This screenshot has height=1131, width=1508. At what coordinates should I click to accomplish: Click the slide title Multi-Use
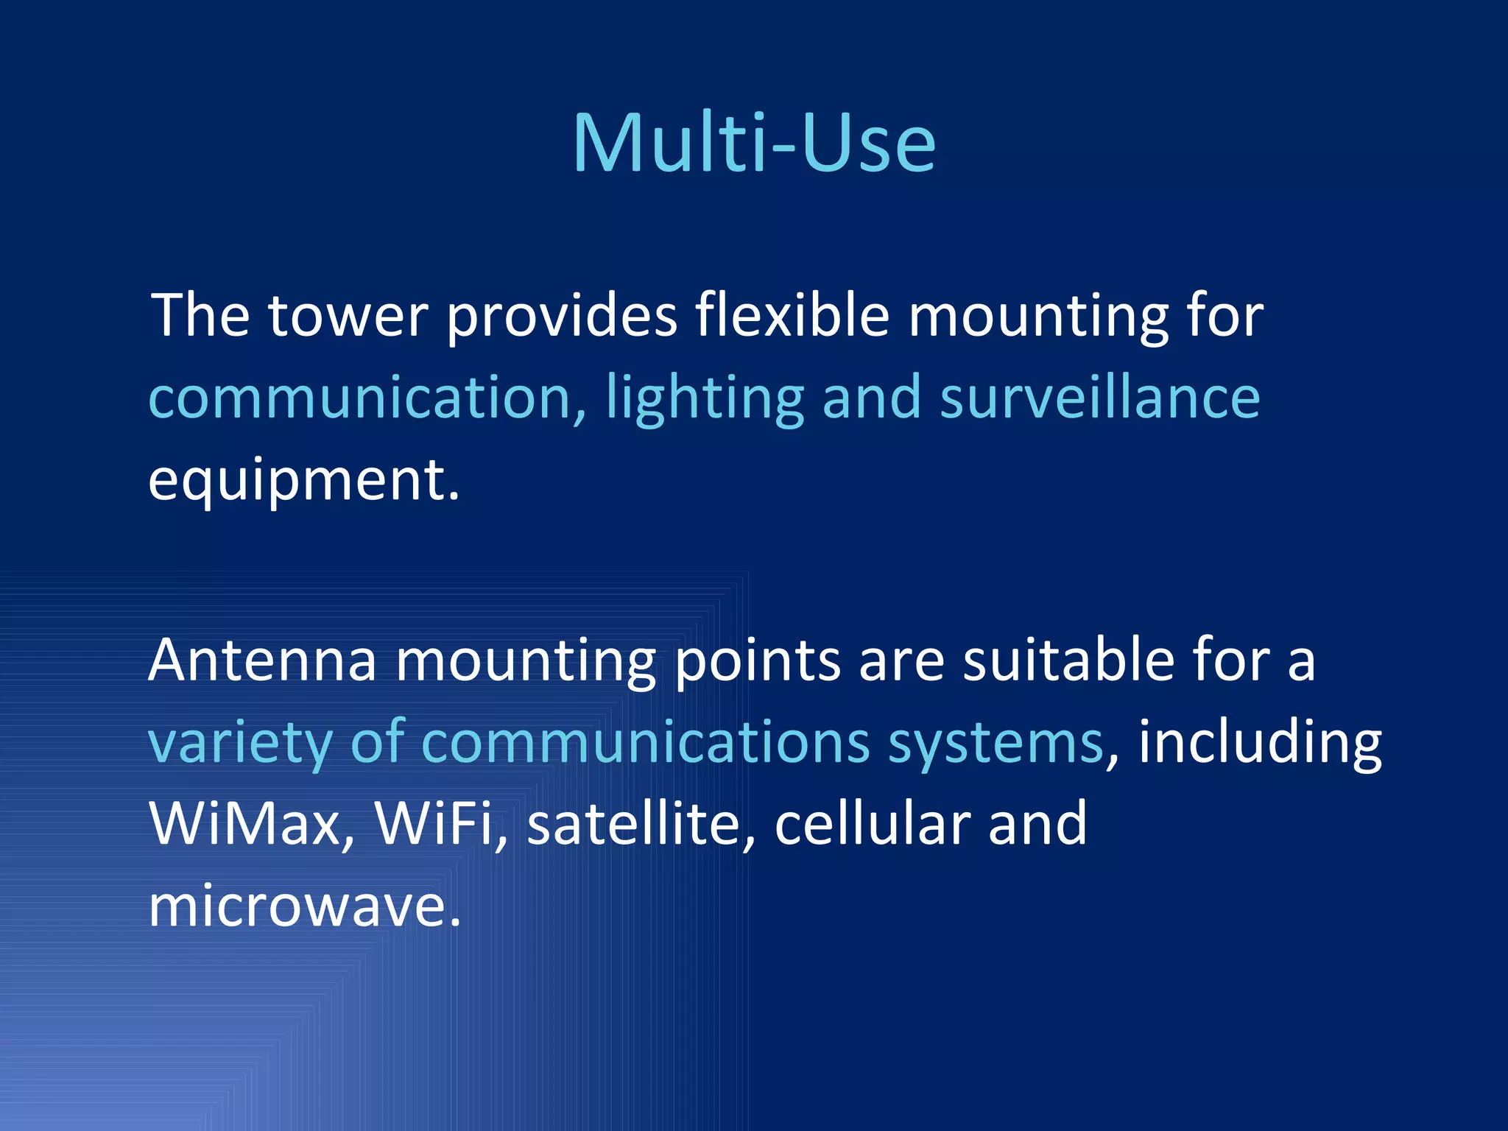pyautogui.click(x=754, y=143)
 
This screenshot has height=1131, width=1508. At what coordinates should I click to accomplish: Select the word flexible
pyautogui.click(x=792, y=316)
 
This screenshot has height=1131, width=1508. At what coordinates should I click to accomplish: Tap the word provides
pyautogui.click(x=562, y=316)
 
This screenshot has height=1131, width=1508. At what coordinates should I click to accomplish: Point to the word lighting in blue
pyautogui.click(x=705, y=398)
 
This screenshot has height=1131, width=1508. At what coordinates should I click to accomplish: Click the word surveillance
pyautogui.click(x=1100, y=398)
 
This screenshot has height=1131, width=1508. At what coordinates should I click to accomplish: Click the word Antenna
pyautogui.click(x=263, y=660)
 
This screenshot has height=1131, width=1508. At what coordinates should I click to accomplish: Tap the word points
pyautogui.click(x=757, y=660)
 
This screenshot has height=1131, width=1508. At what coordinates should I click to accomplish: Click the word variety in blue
pyautogui.click(x=240, y=742)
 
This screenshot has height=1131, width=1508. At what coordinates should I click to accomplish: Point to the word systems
pyautogui.click(x=996, y=742)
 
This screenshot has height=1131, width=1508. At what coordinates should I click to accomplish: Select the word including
pyautogui.click(x=1260, y=742)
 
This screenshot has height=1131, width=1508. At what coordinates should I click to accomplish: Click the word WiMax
pyautogui.click(x=246, y=824)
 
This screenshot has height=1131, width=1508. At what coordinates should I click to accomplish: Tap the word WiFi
pyautogui.click(x=434, y=824)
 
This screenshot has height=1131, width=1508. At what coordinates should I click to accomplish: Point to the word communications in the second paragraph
pyautogui.click(x=646, y=742)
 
